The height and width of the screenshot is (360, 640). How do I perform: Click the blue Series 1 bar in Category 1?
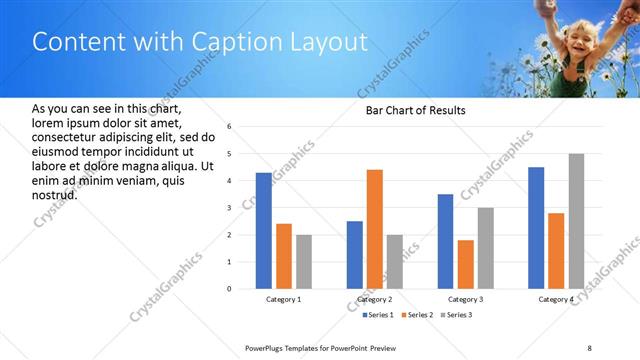[x=263, y=231]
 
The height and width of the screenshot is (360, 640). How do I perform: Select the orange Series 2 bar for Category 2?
[x=374, y=229]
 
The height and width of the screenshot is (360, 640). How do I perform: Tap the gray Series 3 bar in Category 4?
[x=576, y=221]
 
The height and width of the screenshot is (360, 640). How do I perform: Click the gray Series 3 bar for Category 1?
[x=303, y=262]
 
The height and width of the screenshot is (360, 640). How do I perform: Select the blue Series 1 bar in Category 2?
[x=355, y=255]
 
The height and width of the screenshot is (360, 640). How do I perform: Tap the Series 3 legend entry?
[x=456, y=315]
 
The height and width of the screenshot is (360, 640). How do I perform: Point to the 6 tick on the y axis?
[x=229, y=127]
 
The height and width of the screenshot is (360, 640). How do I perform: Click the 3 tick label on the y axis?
[x=229, y=208]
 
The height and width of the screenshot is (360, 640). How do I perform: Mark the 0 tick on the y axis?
[x=229, y=289]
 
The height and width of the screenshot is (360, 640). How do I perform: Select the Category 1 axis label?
[x=283, y=299]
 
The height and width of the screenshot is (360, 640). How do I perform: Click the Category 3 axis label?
[x=465, y=299]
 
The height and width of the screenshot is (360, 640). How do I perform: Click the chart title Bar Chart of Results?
[x=415, y=110]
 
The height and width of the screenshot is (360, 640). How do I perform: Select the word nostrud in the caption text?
[x=54, y=194]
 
